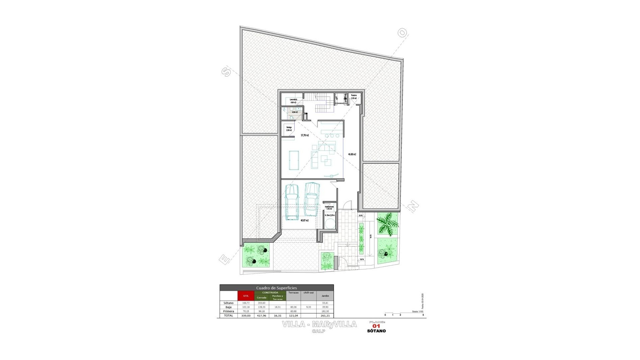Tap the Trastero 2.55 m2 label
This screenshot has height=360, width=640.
pyautogui.click(x=354, y=97)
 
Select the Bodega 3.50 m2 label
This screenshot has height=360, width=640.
pyautogui.click(x=289, y=129)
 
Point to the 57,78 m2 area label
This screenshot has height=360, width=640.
pyautogui.click(x=305, y=135)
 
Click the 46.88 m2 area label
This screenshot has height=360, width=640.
pyautogui.click(x=352, y=154)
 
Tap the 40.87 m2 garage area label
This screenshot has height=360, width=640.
pyautogui.click(x=304, y=220)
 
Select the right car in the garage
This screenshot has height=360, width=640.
pyautogui.click(x=312, y=199)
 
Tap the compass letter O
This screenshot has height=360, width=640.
pyautogui.click(x=402, y=33)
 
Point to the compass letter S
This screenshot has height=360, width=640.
pyautogui.click(x=226, y=72)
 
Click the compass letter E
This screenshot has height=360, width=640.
pyautogui.click(x=225, y=259)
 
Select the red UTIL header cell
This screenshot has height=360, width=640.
pyautogui.click(x=246, y=296)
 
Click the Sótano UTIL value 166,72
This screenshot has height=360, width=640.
pyautogui.click(x=246, y=303)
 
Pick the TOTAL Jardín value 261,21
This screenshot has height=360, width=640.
pyautogui.click(x=325, y=315)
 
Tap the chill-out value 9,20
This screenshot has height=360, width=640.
pyautogui.click(x=309, y=307)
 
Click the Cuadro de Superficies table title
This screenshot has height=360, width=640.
pyautogui.click(x=276, y=288)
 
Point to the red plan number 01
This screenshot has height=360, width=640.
pyautogui.click(x=376, y=326)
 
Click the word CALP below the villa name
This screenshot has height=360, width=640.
pyautogui.click(x=319, y=331)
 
